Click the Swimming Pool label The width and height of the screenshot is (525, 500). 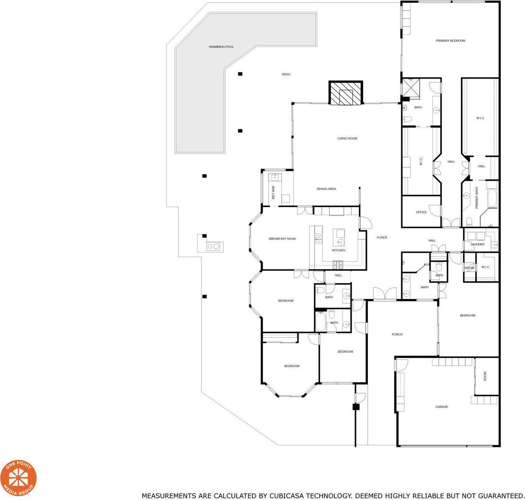click(221, 47)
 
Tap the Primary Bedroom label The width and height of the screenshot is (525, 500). click(450, 41)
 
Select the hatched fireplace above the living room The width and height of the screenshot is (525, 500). click(346, 93)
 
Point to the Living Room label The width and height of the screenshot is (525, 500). click(347, 138)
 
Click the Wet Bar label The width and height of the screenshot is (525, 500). click(273, 193)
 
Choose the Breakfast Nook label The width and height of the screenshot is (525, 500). click(282, 239)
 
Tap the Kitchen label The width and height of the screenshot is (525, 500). click(338, 251)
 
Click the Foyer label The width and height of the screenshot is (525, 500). click(382, 237)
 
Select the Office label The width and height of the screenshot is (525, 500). click(421, 212)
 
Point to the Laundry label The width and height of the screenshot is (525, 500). click(478, 245)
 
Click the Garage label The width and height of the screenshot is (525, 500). click(442, 406)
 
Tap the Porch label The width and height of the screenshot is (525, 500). click(397, 334)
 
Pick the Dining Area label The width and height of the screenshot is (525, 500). click(327, 189)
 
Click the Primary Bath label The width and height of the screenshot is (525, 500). click(477, 198)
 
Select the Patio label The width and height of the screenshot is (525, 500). click(286, 74)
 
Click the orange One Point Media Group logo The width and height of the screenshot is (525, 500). click(19, 478)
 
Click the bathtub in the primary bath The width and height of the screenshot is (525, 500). click(492, 198)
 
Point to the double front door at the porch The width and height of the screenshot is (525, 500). click(385, 294)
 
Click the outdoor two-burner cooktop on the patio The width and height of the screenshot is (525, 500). click(213, 246)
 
